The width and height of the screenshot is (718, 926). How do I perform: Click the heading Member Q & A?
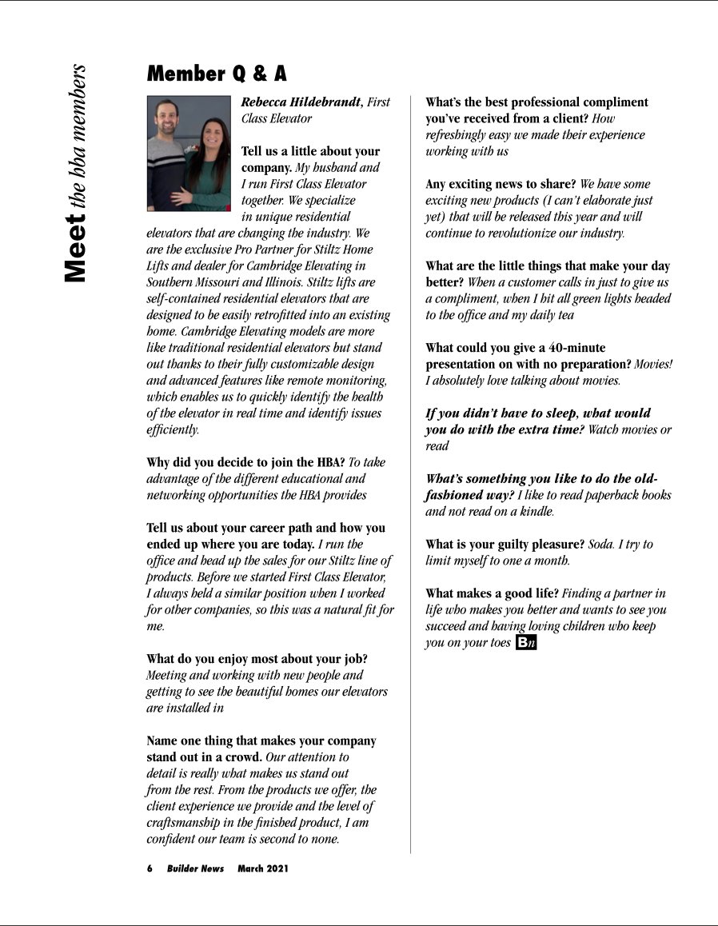(x=216, y=74)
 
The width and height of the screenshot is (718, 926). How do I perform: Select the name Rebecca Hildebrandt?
(x=301, y=102)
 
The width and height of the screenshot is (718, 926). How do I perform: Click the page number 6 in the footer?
(x=150, y=868)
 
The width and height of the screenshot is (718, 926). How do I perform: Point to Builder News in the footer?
(x=195, y=868)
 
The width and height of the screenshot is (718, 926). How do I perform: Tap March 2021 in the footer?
(x=263, y=868)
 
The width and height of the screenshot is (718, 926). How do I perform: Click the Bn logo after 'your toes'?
(x=525, y=643)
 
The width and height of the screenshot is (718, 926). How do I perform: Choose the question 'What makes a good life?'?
(x=492, y=593)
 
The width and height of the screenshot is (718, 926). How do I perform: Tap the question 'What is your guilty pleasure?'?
(x=505, y=545)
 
